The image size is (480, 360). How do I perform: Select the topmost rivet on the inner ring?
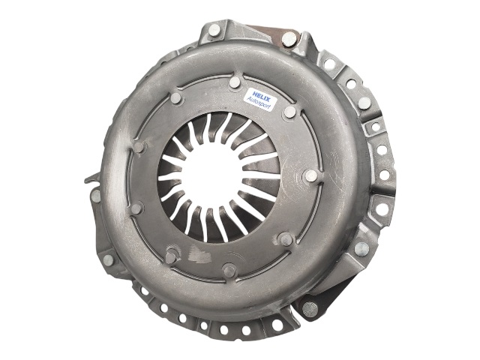235,82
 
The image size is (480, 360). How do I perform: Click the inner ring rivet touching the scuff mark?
172,256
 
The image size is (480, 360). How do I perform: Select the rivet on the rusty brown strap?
289,39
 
